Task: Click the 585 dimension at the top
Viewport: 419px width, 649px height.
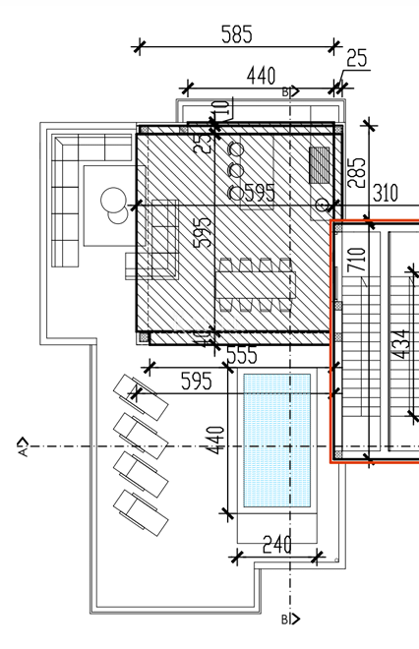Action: [x=236, y=34]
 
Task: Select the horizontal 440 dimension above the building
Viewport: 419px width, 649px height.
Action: [x=261, y=77]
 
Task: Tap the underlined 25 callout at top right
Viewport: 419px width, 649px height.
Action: [x=356, y=59]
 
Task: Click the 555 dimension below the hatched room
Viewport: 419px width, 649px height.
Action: [x=242, y=356]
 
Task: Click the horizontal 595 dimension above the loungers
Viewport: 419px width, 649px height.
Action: [x=195, y=381]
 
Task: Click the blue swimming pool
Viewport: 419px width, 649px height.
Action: [x=276, y=441]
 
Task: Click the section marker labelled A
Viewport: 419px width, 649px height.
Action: [x=22, y=448]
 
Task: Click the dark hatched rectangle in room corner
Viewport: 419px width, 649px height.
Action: [x=321, y=163]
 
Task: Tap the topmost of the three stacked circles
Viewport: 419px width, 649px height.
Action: [x=235, y=149]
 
